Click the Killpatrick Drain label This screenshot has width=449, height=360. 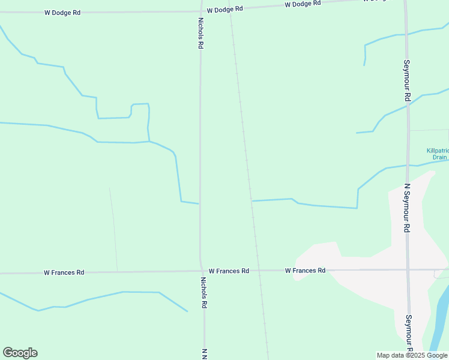tap(437, 154)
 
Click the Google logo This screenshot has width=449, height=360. tap(20, 353)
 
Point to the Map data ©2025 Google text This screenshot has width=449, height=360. tap(412, 355)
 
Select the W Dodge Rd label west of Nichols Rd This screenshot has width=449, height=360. tap(62, 12)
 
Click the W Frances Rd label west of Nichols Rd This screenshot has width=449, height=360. tap(64, 272)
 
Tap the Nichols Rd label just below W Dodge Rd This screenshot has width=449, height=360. tap(201, 32)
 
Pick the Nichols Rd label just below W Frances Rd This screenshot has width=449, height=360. tap(203, 292)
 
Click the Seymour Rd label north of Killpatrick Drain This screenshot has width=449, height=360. tap(406, 80)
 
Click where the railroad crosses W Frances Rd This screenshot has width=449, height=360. tap(258, 271)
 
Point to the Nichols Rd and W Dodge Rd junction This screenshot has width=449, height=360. tap(200, 10)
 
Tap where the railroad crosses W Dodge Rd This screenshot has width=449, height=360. tap(230, 8)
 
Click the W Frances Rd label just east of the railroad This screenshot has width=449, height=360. tap(305, 271)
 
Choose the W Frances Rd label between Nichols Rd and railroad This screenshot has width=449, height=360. tap(229, 271)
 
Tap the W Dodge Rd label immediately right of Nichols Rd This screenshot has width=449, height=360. tap(224, 9)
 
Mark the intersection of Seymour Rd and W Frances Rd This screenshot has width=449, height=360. tap(408, 269)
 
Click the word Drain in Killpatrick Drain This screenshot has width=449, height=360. tap(440, 157)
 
